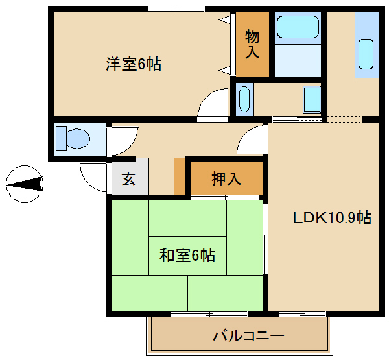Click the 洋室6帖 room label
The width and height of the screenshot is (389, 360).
134,64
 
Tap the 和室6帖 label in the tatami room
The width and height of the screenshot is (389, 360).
187,255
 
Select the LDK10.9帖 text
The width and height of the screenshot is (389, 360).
333,218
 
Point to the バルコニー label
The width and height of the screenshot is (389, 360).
248,336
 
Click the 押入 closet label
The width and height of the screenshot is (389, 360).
226,178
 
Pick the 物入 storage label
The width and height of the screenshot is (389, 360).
252,44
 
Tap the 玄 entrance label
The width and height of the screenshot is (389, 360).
128,178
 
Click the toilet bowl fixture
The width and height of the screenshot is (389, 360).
78,139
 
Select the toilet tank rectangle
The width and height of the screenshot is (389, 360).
61,139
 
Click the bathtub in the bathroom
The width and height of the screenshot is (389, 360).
298,27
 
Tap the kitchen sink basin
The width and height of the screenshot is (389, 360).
366,54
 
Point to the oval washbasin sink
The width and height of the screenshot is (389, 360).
244,99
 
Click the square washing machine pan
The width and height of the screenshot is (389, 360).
312,99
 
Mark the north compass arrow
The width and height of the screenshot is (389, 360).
25,184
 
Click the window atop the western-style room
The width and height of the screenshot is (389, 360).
176,9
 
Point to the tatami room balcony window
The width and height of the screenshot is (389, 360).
209,315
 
